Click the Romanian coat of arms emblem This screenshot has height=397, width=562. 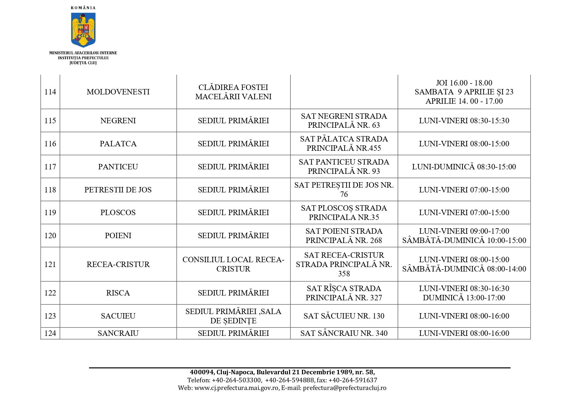click(83, 30)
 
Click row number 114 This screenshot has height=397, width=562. click(50, 92)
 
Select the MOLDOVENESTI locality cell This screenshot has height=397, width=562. click(118, 92)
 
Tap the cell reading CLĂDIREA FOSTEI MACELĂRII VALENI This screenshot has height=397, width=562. click(233, 92)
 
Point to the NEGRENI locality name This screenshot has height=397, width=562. click(118, 121)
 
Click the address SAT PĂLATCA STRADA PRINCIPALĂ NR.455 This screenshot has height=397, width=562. click(344, 143)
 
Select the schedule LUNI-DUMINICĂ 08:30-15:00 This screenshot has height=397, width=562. click(464, 167)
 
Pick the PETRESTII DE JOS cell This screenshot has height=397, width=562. click(118, 190)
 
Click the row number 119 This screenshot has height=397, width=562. click(50, 213)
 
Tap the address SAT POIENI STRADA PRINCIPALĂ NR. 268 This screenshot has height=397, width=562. click(344, 236)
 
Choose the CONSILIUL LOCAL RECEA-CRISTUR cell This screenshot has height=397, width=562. click(233, 264)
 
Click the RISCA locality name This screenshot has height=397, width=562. click(118, 293)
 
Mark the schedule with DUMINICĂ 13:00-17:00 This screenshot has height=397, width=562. click(464, 298)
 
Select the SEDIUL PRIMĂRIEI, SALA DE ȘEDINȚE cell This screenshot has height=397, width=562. click(233, 316)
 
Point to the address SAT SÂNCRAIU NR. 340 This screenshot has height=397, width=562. click(344, 333)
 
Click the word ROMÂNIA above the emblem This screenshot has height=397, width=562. click(83, 8)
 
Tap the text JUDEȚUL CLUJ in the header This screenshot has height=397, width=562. click(83, 63)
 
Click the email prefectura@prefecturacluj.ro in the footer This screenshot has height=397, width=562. click(345, 388)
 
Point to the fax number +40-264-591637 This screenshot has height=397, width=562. click(353, 380)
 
